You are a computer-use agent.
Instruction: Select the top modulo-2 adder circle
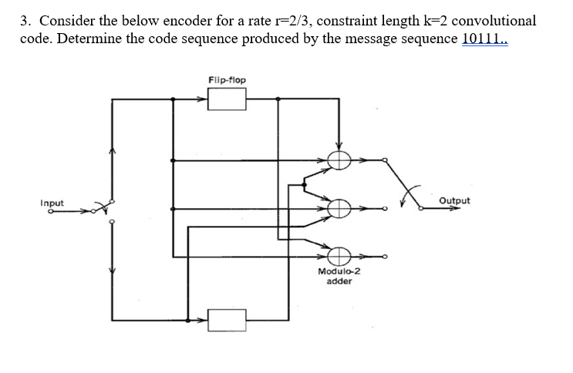[x=338, y=160]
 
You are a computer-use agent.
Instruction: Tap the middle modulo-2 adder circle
[x=338, y=208]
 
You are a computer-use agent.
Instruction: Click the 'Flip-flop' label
[x=228, y=79]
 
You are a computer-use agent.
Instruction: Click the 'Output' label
[x=453, y=200]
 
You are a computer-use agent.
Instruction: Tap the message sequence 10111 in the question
[x=484, y=39]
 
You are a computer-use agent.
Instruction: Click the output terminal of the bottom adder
[x=385, y=257]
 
